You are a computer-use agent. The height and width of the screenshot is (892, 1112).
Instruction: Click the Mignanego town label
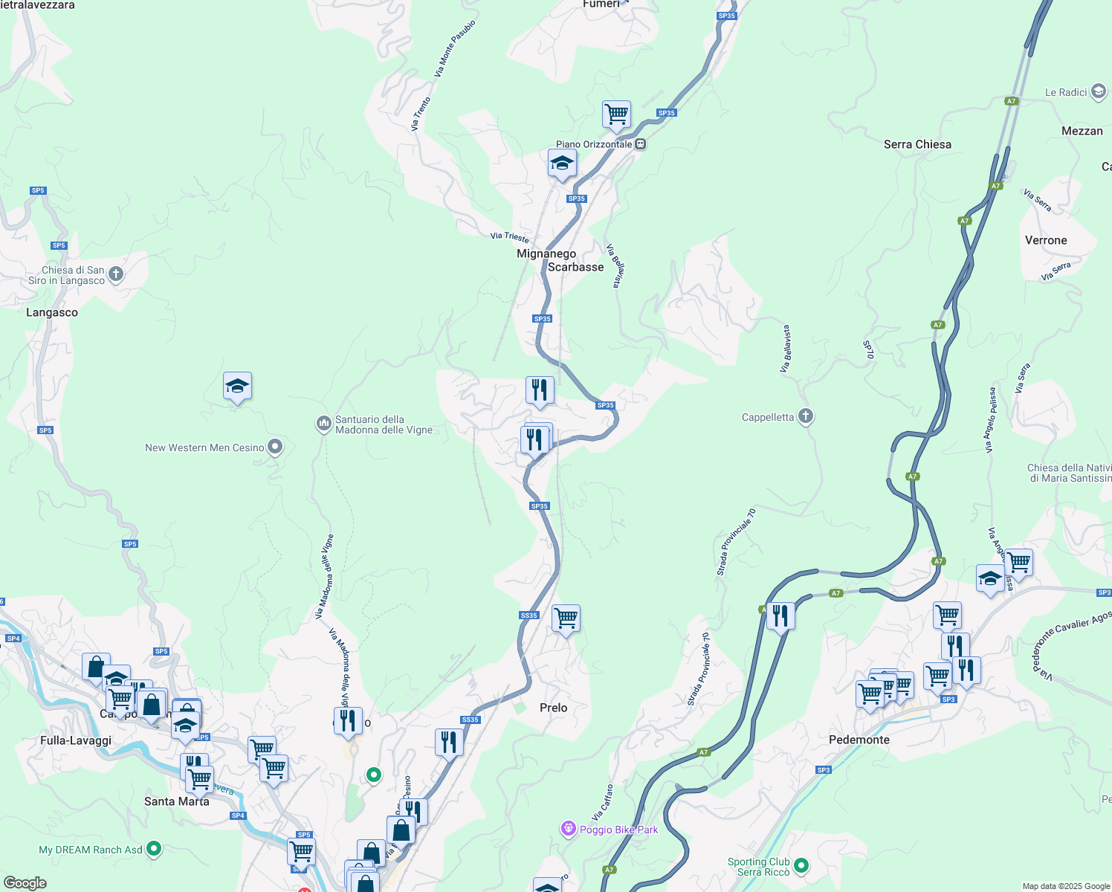[546, 253]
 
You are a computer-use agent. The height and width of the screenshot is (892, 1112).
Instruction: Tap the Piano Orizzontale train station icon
[641, 144]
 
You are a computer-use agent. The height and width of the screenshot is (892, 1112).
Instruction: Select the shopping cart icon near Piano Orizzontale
[616, 115]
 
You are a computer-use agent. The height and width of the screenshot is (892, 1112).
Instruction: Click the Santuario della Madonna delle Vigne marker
[323, 424]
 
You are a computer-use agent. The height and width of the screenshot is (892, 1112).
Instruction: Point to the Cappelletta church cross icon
[806, 416]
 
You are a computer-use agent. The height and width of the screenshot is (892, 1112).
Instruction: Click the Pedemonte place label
[859, 740]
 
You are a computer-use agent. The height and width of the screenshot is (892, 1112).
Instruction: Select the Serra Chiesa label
[917, 144]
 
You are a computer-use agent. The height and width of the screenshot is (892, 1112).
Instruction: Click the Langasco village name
[51, 312]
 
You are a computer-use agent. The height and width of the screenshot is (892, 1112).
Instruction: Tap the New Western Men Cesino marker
[275, 447]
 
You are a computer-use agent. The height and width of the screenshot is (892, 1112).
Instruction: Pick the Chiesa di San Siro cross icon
[116, 274]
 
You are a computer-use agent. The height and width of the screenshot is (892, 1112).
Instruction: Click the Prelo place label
[553, 708]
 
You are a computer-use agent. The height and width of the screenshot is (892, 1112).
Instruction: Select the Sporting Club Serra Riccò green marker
[801, 865]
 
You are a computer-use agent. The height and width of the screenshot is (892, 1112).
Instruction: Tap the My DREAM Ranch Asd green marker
[154, 848]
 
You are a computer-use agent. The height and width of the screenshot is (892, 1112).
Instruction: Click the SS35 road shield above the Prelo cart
[528, 615]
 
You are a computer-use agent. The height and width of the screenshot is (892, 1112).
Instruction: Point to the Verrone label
[1045, 240]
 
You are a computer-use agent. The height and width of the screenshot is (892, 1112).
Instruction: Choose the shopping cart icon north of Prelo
[566, 618]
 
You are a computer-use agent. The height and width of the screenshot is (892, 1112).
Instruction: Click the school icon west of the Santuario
[237, 387]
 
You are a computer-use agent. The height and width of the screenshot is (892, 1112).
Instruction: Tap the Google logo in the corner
[25, 883]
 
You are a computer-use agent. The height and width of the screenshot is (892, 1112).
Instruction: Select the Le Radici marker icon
[1099, 91]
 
